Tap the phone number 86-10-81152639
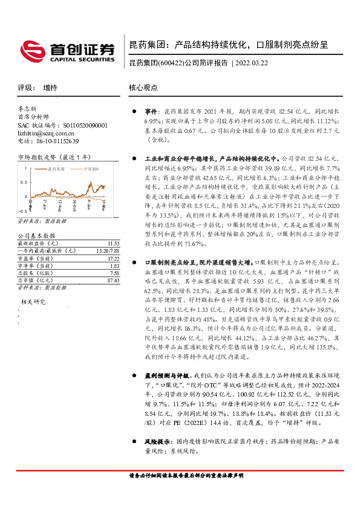tap(54, 141)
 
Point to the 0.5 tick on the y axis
tap(24, 182)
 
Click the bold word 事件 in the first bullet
tap(151, 112)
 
